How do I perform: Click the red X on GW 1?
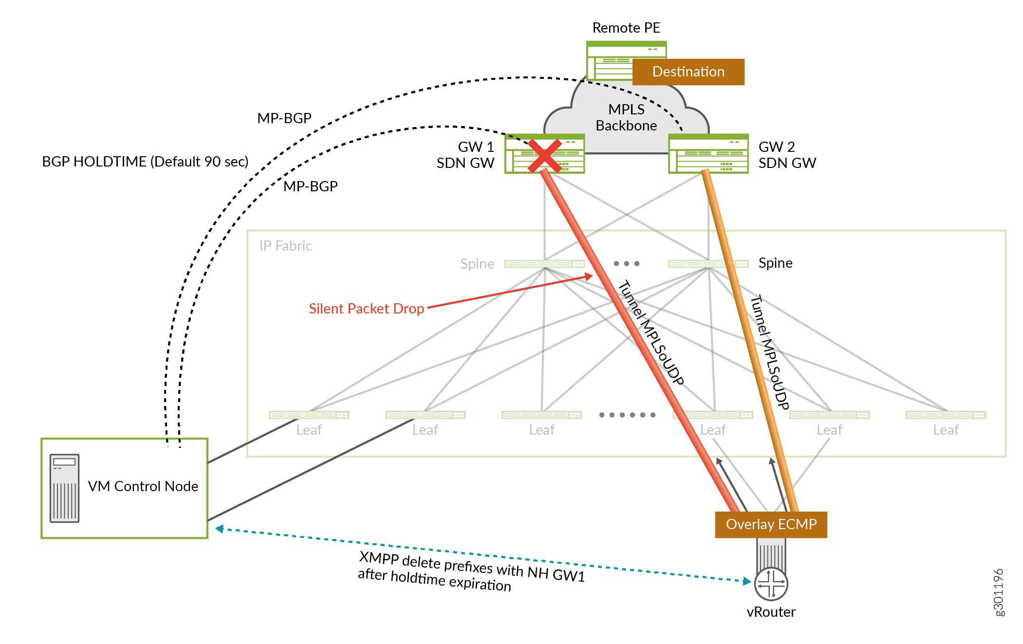tap(544, 155)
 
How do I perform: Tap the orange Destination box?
tap(688, 72)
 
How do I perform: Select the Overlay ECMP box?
tap(771, 524)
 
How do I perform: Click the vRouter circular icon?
tap(771, 584)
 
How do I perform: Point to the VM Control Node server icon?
tap(64, 488)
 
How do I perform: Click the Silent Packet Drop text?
tap(366, 309)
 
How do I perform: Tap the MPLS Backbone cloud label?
tap(626, 117)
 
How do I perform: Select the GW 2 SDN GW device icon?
tap(708, 154)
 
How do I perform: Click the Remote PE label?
tap(626, 28)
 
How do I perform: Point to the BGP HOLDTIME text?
tap(145, 162)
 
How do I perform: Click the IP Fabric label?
tap(285, 246)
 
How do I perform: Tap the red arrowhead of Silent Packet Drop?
tap(589, 276)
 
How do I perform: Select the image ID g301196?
tap(998, 592)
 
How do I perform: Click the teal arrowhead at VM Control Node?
tap(220, 529)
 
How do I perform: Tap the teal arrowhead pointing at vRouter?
tap(747, 581)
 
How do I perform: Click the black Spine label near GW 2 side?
tap(775, 263)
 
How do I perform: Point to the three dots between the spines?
tap(627, 264)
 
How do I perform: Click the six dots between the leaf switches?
tap(627, 415)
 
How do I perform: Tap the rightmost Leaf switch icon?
tap(946, 415)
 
